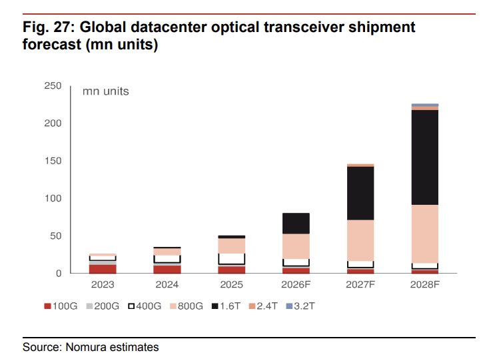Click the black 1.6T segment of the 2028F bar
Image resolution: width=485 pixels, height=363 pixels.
(x=424, y=157)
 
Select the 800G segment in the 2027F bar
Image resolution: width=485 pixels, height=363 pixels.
(x=360, y=240)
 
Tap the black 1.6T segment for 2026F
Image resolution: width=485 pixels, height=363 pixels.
(x=296, y=224)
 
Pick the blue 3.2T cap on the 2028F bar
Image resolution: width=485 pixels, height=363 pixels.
(x=424, y=105)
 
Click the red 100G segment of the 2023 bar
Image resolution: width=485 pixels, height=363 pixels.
(x=103, y=269)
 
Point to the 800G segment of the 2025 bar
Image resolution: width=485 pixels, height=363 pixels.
(x=232, y=246)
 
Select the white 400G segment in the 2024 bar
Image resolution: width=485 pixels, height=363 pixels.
(x=167, y=260)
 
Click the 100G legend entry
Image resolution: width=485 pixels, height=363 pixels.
(x=61, y=306)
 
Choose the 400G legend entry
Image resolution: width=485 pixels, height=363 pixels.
(x=145, y=306)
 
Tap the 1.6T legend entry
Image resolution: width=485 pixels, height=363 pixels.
(x=226, y=306)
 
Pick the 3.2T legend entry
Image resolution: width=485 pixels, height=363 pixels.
(x=300, y=306)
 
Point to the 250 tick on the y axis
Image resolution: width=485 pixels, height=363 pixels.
(x=53, y=86)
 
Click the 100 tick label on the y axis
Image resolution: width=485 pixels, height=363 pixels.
(x=53, y=198)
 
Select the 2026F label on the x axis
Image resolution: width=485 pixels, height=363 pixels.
(x=296, y=284)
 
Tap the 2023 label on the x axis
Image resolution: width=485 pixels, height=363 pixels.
(x=103, y=284)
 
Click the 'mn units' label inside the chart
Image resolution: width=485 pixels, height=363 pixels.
(x=105, y=91)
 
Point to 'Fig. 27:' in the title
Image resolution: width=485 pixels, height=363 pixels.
(x=49, y=27)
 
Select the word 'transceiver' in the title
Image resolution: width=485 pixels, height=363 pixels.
(x=304, y=27)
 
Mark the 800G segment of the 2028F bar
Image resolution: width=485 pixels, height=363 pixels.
(x=424, y=234)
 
